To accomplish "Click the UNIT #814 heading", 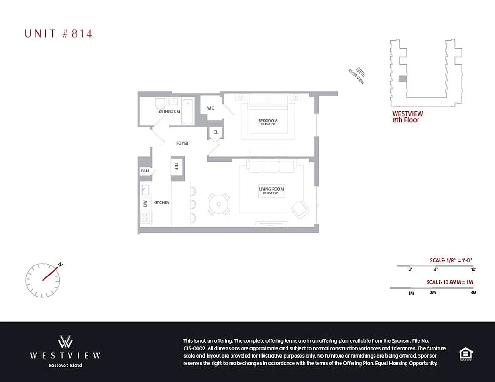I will (58, 33).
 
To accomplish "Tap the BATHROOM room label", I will (169, 112).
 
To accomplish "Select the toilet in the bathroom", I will (160, 104).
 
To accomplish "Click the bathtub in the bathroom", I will (188, 111).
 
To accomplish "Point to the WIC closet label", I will (210, 108).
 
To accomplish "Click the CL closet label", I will (215, 132).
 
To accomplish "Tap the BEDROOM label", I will (268, 121).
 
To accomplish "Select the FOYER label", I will (182, 143).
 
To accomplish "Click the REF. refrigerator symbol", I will (176, 166).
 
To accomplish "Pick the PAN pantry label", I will (144, 171).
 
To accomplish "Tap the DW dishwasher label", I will (144, 203).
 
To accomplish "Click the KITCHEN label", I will (161, 203).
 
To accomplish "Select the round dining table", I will (219, 204).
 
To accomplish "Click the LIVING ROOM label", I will (272, 189).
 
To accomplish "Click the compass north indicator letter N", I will (60, 264).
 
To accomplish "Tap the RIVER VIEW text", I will (357, 76).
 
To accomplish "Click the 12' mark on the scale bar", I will (473, 270).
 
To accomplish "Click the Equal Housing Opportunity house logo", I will (465, 354).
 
